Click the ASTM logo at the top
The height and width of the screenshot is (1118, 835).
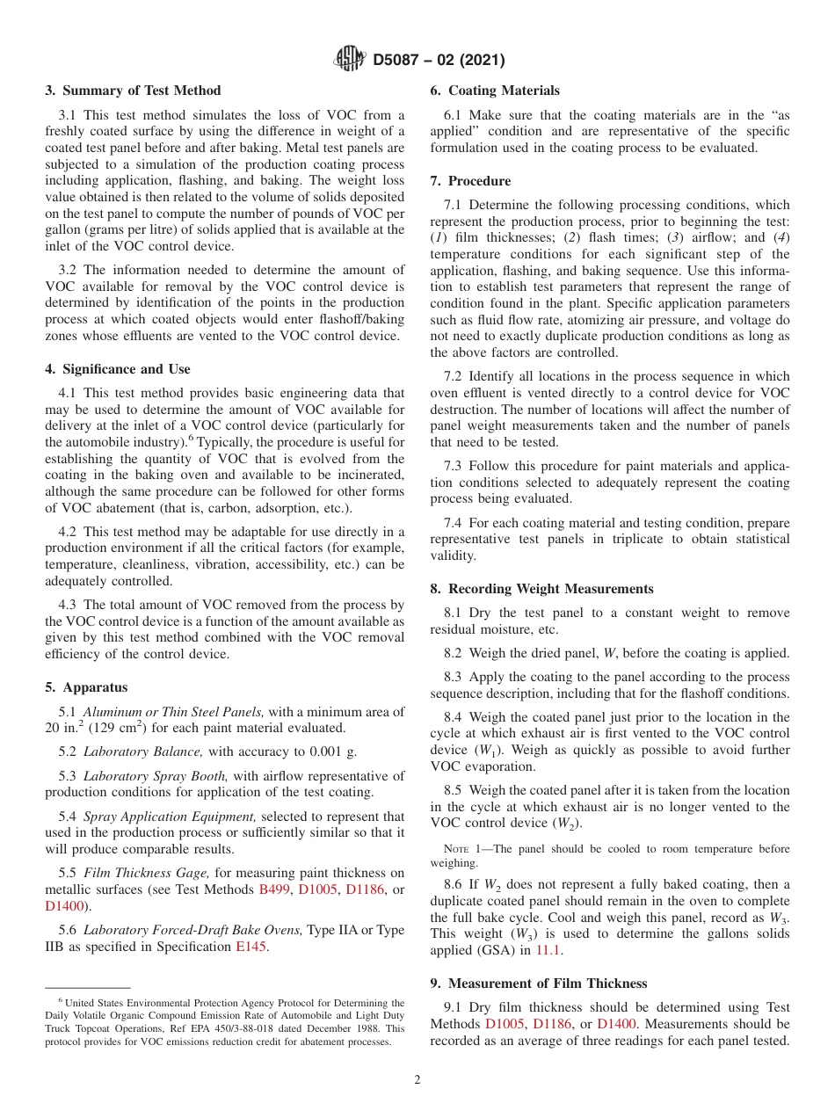point(351,60)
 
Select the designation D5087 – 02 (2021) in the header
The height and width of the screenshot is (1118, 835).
point(439,61)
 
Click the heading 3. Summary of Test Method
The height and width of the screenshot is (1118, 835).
point(133,91)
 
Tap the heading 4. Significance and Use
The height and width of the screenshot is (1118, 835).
point(118,369)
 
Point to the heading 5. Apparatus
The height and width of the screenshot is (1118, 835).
point(86,687)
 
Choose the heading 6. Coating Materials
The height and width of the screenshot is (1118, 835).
point(495,91)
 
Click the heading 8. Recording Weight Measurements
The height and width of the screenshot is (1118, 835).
point(541,589)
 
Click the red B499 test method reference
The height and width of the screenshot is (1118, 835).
point(275,889)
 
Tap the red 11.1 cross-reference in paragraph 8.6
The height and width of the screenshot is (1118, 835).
point(548,950)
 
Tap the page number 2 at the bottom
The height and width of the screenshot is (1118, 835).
point(417,1080)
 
